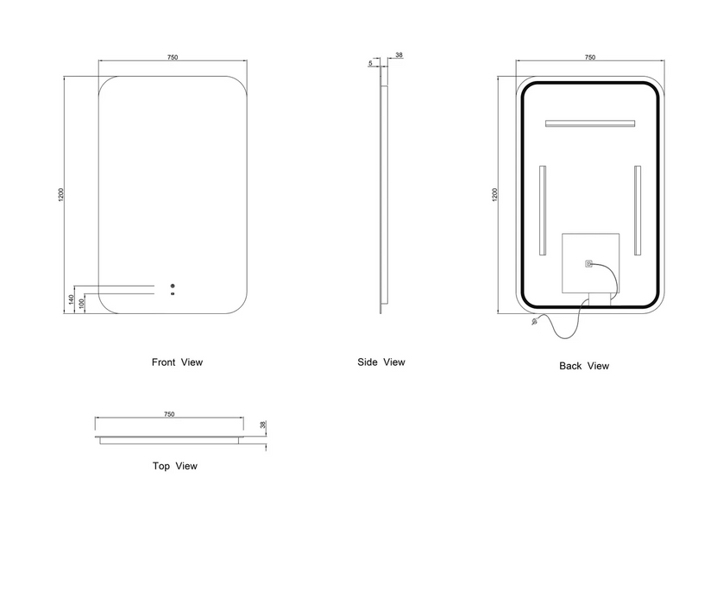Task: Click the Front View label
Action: click(177, 362)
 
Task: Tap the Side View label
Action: click(381, 362)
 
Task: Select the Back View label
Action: click(584, 366)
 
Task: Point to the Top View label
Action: click(175, 466)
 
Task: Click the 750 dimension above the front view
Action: click(172, 58)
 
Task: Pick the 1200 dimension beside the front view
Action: click(61, 194)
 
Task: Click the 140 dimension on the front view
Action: click(71, 299)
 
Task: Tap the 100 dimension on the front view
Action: click(82, 304)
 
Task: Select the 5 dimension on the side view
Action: click(370, 63)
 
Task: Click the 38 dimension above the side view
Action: click(399, 55)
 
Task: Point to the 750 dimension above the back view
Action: click(590, 58)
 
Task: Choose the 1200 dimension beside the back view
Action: click(494, 194)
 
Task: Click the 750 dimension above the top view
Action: click(169, 414)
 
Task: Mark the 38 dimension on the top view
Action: click(263, 425)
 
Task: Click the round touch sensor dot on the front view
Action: click(173, 286)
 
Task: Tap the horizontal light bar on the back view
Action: click(590, 123)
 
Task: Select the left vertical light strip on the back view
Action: click(542, 211)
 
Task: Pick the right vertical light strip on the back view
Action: click(638, 211)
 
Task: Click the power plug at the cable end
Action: click(535, 321)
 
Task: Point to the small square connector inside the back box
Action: click(588, 264)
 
